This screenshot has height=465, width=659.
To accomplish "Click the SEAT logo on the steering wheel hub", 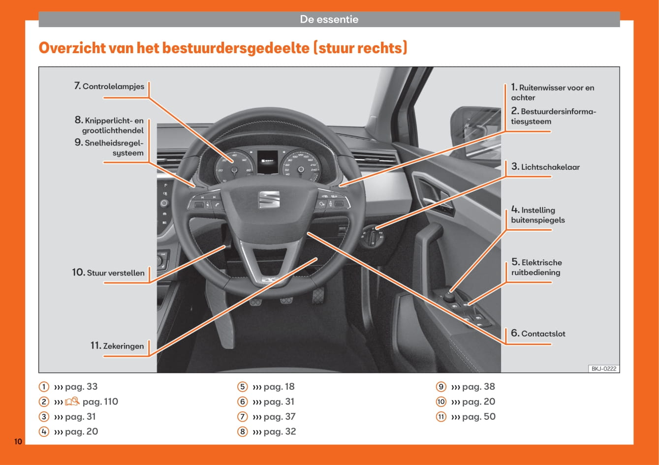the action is tap(269, 200).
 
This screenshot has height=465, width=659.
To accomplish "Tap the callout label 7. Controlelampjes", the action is tap(109, 86).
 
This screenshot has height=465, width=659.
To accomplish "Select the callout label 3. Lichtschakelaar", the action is tap(545, 167).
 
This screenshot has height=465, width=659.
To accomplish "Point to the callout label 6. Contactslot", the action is tap(538, 333).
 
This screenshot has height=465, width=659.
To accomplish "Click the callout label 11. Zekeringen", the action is tap(117, 345).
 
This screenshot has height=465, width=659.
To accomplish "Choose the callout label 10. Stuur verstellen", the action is tap(108, 272).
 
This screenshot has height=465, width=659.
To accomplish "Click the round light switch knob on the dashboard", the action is tap(372, 236).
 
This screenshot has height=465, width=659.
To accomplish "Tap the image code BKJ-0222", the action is tap(604, 369).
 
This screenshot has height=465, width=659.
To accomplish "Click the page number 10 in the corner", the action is tap(18, 441).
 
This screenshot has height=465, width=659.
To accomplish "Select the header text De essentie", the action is tap(329, 19).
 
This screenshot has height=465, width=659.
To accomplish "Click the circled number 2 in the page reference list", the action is tap(44, 402).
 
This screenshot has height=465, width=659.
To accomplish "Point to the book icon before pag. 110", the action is tap(72, 402).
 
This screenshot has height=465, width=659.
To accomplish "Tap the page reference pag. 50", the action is tap(479, 417).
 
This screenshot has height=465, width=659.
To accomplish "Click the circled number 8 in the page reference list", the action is tap(243, 432).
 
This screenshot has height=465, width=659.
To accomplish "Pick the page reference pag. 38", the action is tap(478, 387).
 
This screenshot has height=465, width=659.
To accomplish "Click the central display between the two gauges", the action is tap(267, 162).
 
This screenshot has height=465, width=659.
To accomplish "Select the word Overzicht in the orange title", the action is tap(72, 48).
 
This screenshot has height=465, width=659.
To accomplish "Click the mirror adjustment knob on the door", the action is tap(449, 297).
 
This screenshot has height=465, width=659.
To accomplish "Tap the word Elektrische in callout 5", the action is tap(541, 262).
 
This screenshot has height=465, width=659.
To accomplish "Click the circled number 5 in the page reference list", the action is tap(243, 387).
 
